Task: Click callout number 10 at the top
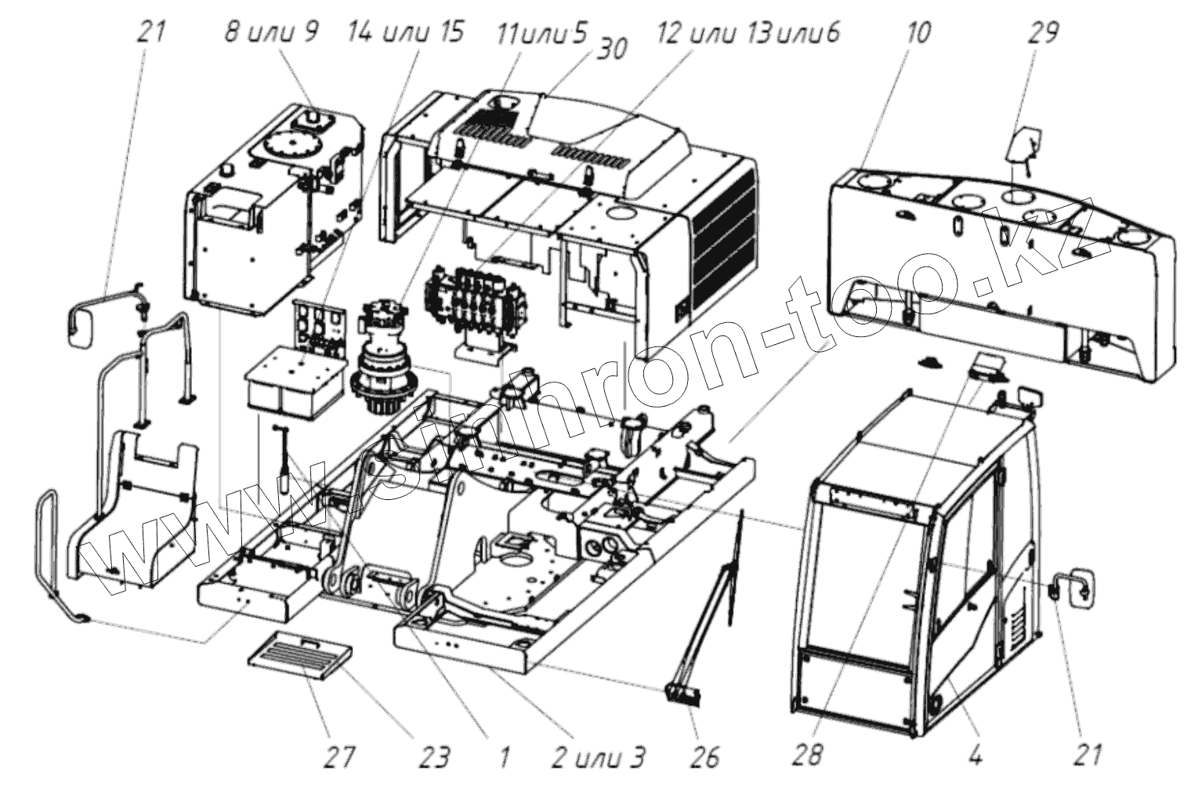pyautogui.click(x=919, y=34)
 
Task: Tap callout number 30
pyautogui.click(x=612, y=49)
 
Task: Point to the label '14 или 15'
pyautogui.click(x=406, y=33)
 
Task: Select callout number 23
pyautogui.click(x=434, y=756)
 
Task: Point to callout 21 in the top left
pyautogui.click(x=151, y=34)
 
